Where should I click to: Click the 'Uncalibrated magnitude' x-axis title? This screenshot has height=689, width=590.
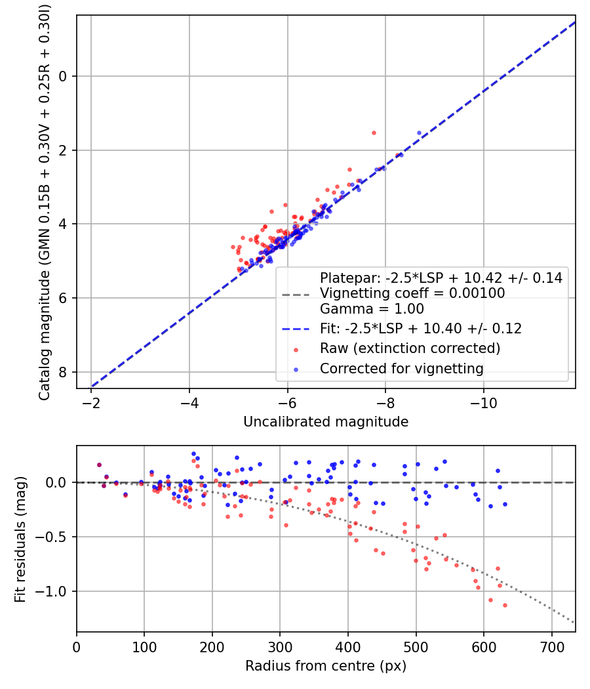pos(326,422)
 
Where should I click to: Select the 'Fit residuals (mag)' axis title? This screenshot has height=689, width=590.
pos(20,539)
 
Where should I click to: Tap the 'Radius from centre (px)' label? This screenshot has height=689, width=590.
pos(326,666)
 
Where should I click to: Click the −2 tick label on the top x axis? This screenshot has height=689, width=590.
pos(90,400)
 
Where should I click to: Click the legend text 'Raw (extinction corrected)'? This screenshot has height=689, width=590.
pos(410,348)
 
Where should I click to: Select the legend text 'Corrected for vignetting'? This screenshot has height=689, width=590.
pos(401,369)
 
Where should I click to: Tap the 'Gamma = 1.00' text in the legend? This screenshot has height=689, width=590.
pos(372,308)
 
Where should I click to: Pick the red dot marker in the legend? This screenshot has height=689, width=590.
pos(295,348)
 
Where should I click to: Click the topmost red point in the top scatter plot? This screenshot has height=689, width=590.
pos(374,133)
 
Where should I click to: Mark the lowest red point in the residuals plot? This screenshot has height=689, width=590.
pos(505,605)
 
